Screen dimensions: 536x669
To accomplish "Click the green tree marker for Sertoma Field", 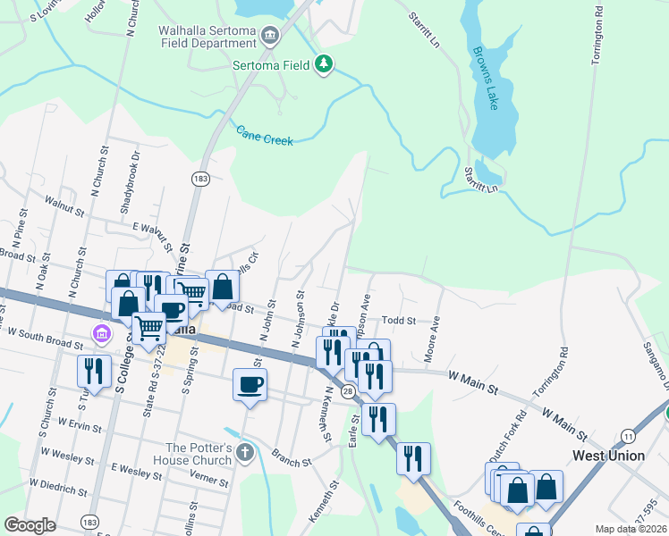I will (324, 63).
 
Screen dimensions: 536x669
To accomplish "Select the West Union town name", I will (608, 456).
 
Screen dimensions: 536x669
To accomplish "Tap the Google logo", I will (30, 525).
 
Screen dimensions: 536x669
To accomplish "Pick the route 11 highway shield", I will (629, 435).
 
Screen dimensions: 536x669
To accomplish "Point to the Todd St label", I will (399, 321).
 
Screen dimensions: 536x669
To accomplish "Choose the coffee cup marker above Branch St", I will (250, 384).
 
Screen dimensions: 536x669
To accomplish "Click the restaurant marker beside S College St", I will (94, 371).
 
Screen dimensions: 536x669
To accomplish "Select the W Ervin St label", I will (80, 421).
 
